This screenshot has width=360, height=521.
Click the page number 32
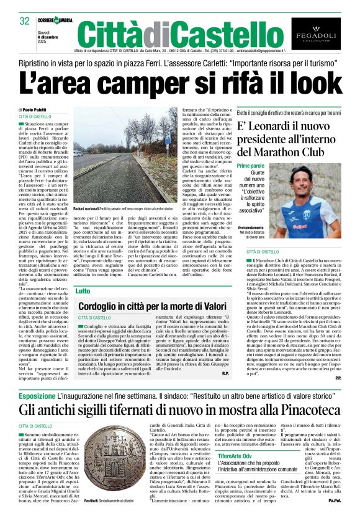pyautogui.click(x=25, y=21)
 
